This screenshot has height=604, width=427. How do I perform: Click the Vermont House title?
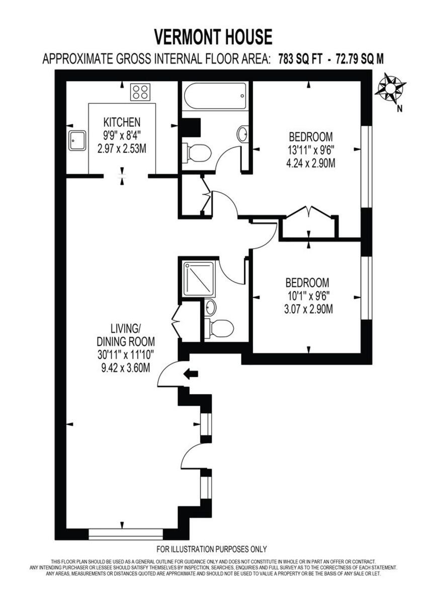213,37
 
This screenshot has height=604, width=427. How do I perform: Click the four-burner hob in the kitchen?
140,92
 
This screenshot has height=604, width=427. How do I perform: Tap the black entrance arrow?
191,373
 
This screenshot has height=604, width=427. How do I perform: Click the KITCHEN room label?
121,122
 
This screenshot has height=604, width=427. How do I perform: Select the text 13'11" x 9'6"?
310,149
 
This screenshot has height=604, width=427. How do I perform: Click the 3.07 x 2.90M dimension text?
308,309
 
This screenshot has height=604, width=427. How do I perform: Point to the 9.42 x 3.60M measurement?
125,368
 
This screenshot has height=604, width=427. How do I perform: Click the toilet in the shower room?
220,328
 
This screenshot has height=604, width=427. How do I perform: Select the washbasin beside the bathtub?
242,134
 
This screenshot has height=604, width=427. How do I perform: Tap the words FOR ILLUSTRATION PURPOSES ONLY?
212,549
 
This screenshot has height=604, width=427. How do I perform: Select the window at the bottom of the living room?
125,533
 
